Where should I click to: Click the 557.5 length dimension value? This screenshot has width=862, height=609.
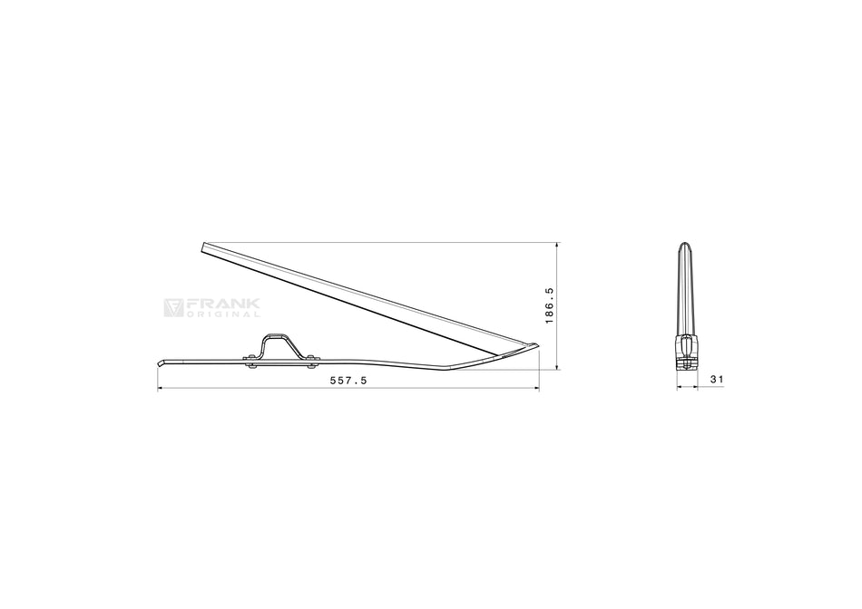pos(348,380)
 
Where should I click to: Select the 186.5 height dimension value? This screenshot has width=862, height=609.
pos(549,305)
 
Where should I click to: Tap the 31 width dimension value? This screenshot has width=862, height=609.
pos(717,379)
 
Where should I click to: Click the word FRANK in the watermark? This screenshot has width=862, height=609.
pos(222,304)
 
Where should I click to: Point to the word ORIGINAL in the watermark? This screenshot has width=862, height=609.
pos(223,314)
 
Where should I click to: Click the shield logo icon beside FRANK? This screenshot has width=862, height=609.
pos(173,307)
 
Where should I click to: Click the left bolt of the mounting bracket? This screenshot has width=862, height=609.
pos(250,362)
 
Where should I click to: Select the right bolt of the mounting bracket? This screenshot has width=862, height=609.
pos(312,362)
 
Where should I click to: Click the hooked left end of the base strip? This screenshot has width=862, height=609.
pos(161,363)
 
